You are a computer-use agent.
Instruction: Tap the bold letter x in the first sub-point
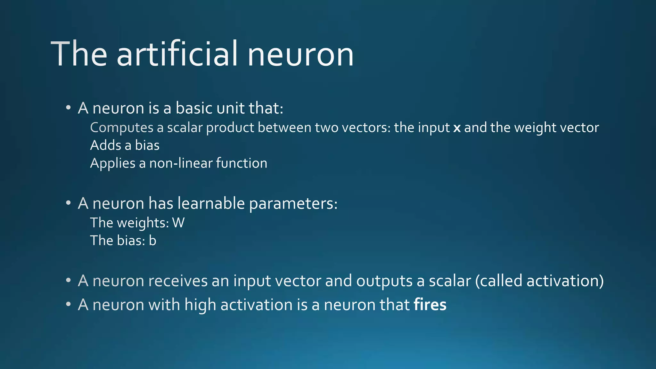[457, 128]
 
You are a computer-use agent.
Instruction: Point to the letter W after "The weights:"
[178, 223]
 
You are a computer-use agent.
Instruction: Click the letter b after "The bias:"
[152, 241]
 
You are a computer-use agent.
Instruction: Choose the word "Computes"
[122, 128]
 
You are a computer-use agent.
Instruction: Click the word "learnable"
[211, 203]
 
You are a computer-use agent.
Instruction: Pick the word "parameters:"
[293, 204]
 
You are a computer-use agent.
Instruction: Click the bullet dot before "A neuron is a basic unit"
[68, 108]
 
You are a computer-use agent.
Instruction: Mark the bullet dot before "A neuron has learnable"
[68, 203]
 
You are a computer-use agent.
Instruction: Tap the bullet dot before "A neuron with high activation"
[68, 304]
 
